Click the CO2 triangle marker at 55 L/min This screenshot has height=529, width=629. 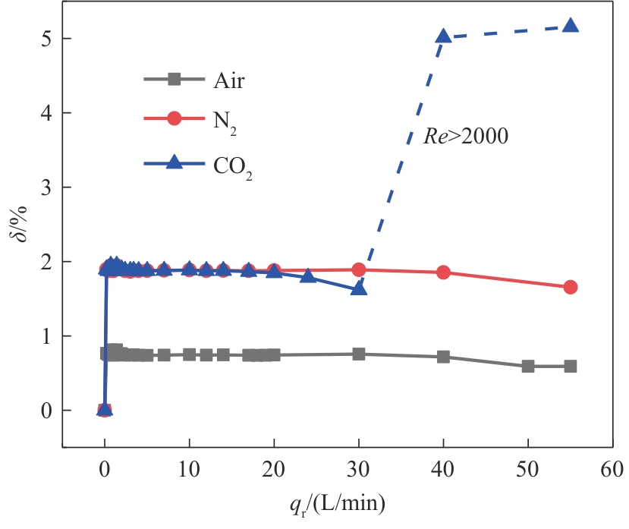point(571,26)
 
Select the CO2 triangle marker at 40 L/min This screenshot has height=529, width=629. point(444,36)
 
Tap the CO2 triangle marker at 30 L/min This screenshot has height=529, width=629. point(359,288)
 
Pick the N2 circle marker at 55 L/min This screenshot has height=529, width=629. point(571,287)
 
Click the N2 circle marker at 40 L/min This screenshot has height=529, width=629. point(444,272)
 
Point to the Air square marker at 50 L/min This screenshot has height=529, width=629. point(528,366)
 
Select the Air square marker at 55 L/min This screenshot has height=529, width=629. point(571,366)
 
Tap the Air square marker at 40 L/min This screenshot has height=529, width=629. point(444,357)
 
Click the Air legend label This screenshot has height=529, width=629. point(228,80)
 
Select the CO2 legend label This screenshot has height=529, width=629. point(232,164)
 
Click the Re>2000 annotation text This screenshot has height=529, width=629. point(464,137)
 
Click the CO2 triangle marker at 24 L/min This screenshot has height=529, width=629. point(308,276)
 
